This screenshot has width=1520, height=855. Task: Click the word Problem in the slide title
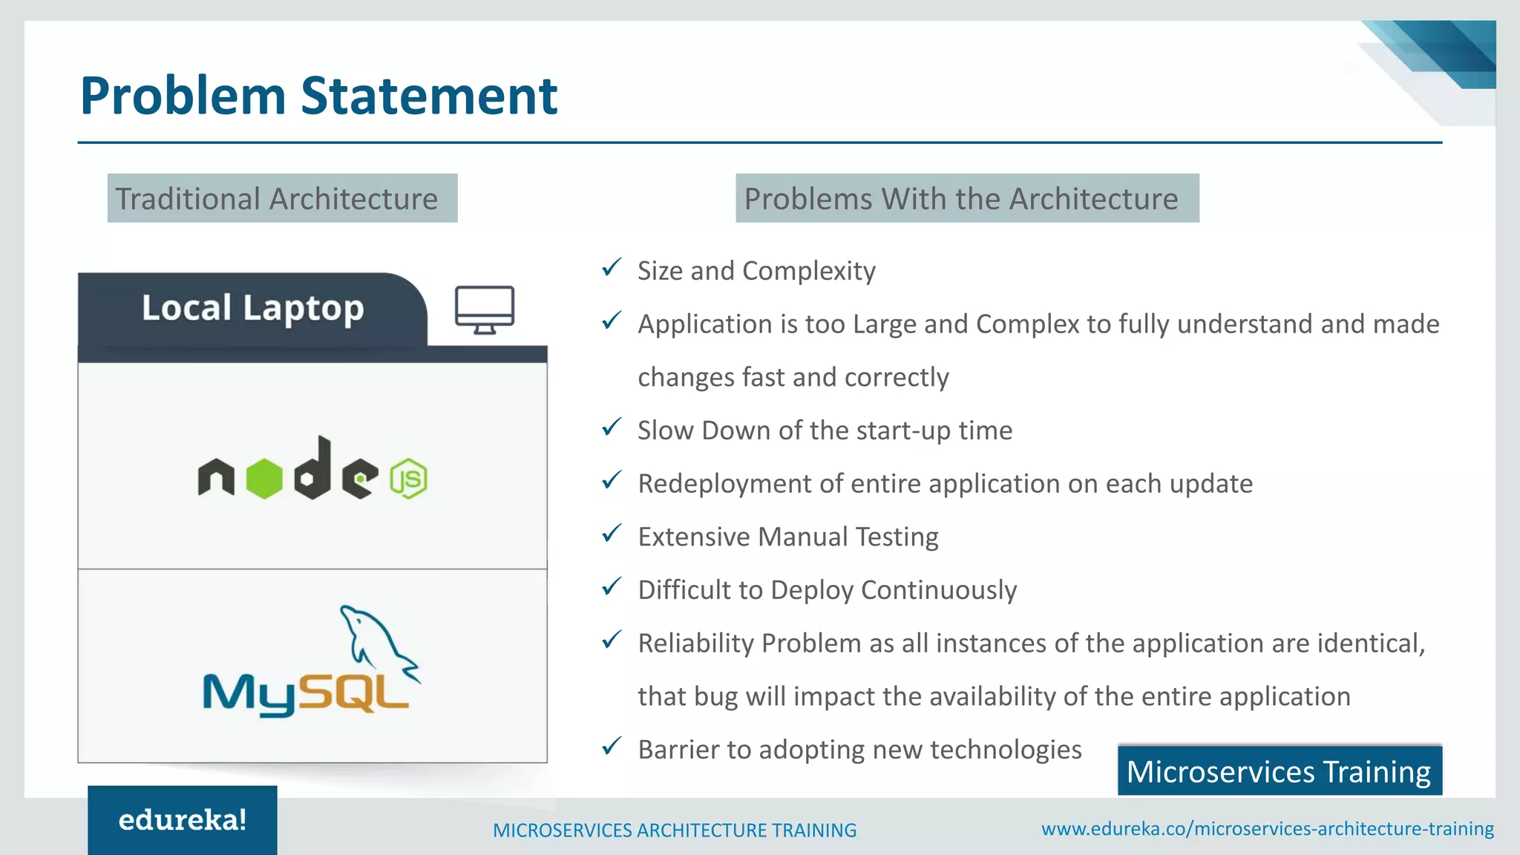click(183, 96)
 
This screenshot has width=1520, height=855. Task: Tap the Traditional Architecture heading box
click(282, 198)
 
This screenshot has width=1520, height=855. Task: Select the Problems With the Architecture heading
click(966, 198)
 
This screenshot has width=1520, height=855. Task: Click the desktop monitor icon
click(484, 309)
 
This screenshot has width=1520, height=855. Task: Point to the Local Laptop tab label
click(252, 309)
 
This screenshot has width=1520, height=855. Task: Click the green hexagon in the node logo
click(264, 479)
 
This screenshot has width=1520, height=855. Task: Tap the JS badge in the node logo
click(408, 479)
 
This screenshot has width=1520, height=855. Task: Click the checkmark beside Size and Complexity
click(612, 267)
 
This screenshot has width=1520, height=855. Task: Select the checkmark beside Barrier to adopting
click(612, 746)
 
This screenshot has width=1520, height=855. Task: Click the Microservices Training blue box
click(1279, 771)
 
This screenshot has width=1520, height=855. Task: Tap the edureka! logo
click(183, 820)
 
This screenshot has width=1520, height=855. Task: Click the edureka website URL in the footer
click(1267, 829)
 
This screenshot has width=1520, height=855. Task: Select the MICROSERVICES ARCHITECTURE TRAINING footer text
click(674, 830)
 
